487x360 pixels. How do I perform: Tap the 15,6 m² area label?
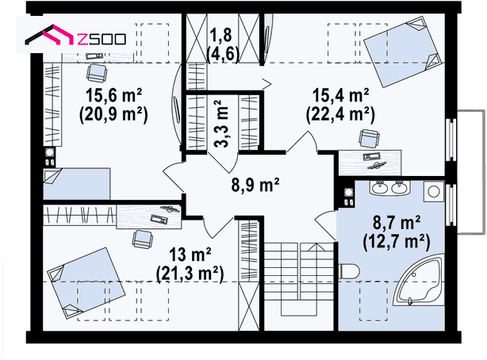(114, 95)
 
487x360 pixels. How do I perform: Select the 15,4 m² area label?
(341, 94)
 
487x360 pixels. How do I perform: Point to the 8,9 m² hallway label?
(255, 185)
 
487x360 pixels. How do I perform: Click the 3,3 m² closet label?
(222, 123)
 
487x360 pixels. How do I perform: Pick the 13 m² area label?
(190, 255)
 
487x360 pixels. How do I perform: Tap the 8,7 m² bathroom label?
(397, 222)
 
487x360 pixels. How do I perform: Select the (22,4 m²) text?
(341, 115)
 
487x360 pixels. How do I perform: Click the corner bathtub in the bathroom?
(418, 280)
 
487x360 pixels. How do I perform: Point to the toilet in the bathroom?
(349, 271)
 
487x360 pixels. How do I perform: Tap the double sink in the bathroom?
(389, 188)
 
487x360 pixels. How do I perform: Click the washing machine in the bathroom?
(433, 191)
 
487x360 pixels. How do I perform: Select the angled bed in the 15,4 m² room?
(404, 52)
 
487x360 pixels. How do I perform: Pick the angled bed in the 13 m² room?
(86, 283)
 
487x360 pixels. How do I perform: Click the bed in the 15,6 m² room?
(77, 184)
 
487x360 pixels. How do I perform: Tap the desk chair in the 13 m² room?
(143, 239)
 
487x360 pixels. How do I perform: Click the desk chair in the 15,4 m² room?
(369, 139)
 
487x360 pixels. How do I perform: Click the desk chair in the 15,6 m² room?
(97, 73)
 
